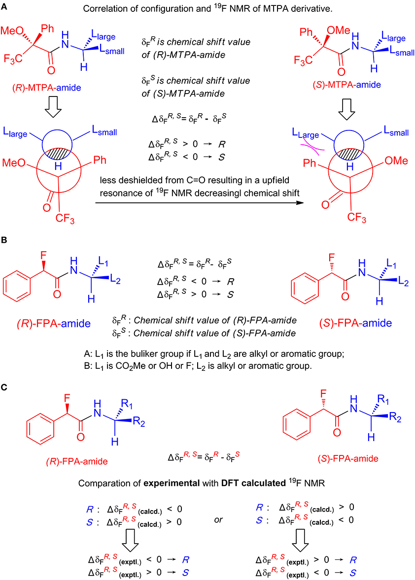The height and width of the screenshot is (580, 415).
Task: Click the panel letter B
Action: [4, 240]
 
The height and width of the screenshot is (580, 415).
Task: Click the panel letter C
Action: [4, 387]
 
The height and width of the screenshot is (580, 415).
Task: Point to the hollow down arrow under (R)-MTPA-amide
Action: [53, 108]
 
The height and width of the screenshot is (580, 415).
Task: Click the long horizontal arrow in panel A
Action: [199, 203]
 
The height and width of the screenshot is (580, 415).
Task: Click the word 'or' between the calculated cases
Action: [218, 520]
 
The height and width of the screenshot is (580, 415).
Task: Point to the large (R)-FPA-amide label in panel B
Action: [54, 323]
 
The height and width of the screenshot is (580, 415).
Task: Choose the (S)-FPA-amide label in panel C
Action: [348, 459]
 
